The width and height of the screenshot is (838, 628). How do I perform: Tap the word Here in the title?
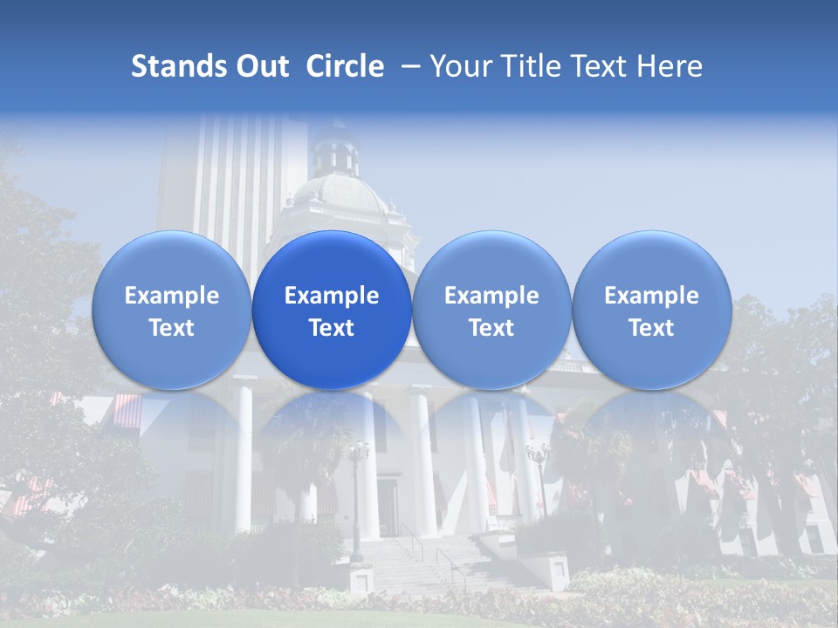click(667, 66)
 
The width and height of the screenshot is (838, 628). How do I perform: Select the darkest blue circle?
click(332, 310)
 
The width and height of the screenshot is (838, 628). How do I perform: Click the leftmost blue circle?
click(171, 310)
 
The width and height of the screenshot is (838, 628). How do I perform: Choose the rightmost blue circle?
click(651, 310)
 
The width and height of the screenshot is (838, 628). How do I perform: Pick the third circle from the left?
click(491, 310)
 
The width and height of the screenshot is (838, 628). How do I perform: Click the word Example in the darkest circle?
click(332, 296)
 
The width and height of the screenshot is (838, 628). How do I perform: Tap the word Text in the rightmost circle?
click(651, 328)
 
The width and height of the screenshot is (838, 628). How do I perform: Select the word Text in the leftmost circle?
click(171, 328)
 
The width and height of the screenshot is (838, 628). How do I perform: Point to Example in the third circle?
click(491, 296)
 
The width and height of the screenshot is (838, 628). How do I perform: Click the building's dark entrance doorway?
click(388, 506)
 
